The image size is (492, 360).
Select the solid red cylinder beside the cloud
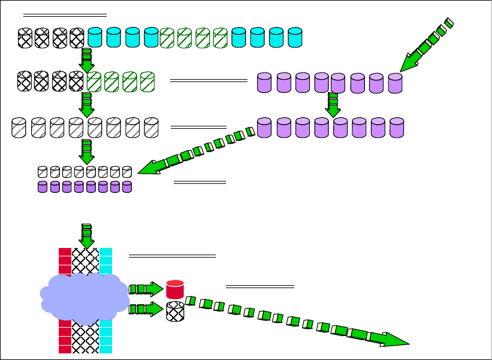(x=174, y=289)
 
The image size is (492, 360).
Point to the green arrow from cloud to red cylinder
(x=146, y=289)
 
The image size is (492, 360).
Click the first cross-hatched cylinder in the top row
(x=25, y=38)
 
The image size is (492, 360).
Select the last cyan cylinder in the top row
(x=295, y=38)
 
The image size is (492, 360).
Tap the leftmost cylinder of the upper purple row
(x=264, y=83)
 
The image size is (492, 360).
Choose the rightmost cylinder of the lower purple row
(x=397, y=128)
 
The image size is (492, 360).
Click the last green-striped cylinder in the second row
(x=147, y=82)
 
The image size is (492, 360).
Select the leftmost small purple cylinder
(x=43, y=187)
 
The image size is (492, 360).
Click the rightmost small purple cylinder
(x=126, y=187)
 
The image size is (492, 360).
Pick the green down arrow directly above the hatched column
(x=87, y=235)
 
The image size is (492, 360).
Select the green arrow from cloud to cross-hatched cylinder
(x=146, y=310)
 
